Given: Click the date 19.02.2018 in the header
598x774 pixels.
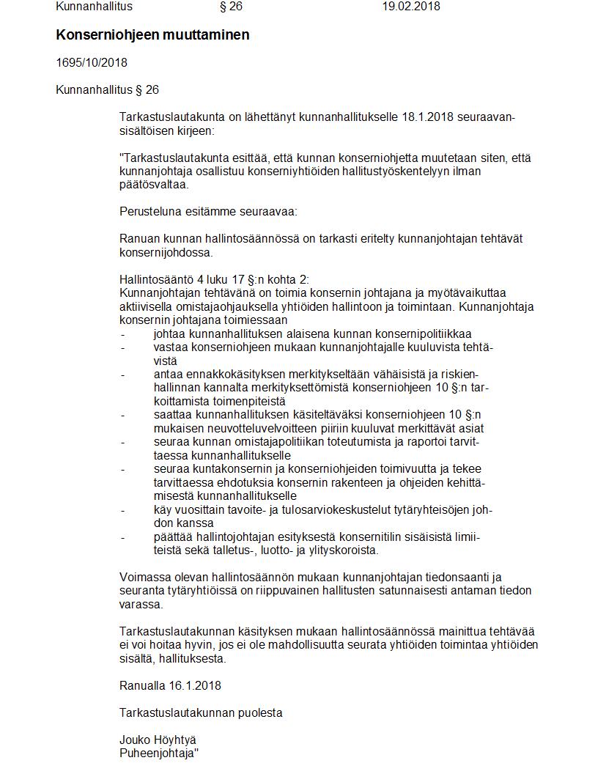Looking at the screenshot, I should click(x=410, y=7).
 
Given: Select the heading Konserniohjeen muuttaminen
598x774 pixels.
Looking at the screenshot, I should click(x=152, y=34).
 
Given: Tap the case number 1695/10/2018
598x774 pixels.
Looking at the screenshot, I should click(x=92, y=63).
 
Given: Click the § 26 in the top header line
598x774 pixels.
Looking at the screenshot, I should click(x=231, y=7).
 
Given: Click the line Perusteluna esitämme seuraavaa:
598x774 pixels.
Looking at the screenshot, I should click(x=208, y=211).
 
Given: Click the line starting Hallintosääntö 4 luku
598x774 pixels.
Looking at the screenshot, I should click(x=214, y=279).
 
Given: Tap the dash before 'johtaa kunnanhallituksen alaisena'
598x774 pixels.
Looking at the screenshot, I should click(x=123, y=333).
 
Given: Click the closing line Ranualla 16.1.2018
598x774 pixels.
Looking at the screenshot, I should click(x=170, y=685).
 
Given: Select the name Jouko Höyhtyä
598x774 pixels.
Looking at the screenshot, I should click(x=158, y=740).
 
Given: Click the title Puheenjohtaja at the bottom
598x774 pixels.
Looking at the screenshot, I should click(x=158, y=753).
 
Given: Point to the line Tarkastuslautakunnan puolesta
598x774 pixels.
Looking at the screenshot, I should click(x=201, y=712).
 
